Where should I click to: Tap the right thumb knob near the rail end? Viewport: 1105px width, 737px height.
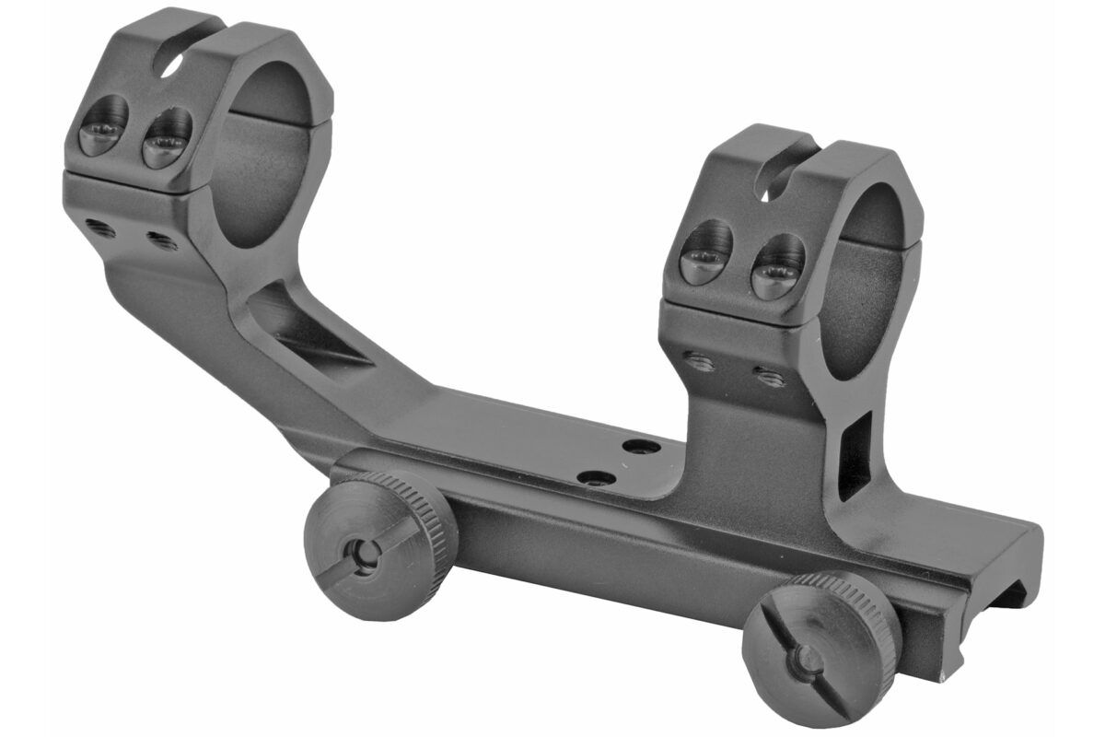tap(810, 645)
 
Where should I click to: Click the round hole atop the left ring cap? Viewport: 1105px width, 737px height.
tap(168, 65)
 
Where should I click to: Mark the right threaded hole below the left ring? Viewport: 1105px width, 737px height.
tap(161, 240)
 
